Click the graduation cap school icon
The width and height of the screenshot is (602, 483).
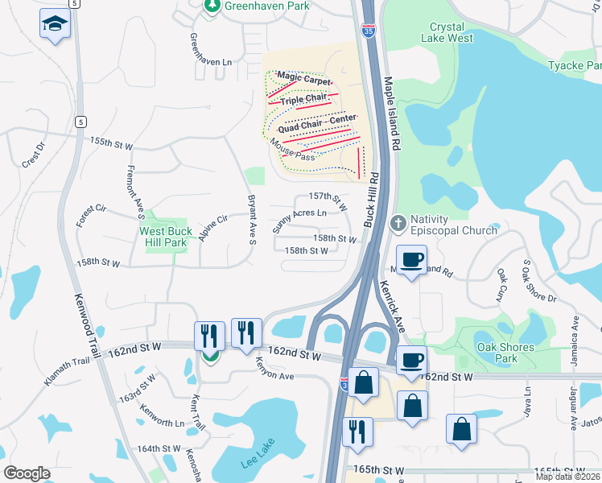coord(55,24)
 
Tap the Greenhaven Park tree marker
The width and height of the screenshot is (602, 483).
coord(212,6)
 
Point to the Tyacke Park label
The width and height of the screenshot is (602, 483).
coord(574,65)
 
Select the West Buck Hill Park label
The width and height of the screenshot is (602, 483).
coord(163,237)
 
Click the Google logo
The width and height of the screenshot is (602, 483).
coord(27,473)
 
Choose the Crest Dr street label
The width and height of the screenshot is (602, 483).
coord(32,155)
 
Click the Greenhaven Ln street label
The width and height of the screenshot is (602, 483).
coord(210,50)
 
